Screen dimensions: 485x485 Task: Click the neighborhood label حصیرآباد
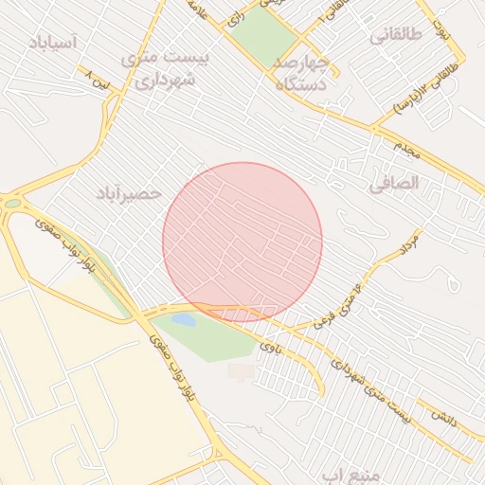[129, 193]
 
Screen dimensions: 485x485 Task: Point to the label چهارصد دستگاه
[301, 74]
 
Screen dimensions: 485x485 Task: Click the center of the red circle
[242, 242]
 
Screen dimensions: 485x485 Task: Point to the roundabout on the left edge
[11, 202]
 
